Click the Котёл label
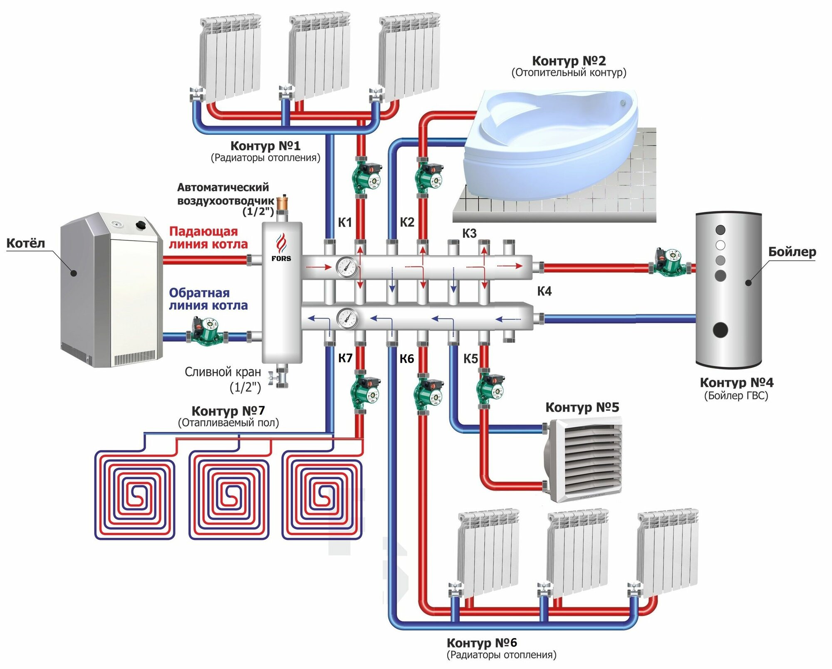(x=25, y=243)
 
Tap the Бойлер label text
(x=792, y=252)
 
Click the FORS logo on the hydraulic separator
(x=281, y=248)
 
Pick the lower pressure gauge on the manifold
(x=347, y=319)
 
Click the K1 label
(x=344, y=223)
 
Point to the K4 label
(x=544, y=291)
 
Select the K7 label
(x=345, y=358)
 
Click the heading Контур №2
(x=569, y=61)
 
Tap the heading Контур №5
(x=582, y=407)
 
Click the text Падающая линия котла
(x=208, y=238)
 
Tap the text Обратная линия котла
(x=208, y=299)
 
